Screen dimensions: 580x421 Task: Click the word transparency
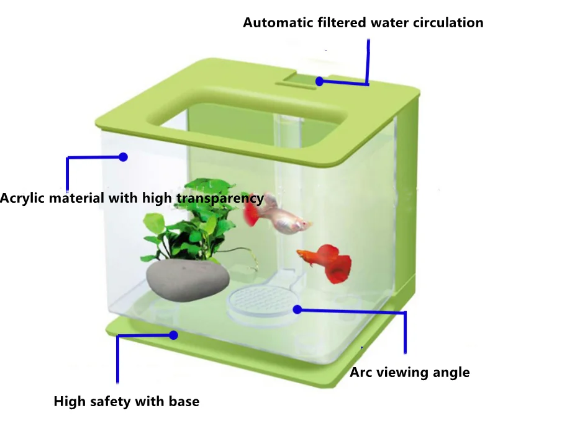click(220, 199)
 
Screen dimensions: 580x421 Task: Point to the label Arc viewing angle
click(410, 373)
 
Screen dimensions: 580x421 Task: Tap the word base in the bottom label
click(184, 402)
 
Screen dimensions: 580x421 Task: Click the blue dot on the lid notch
click(319, 81)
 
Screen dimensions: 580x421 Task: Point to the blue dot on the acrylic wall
click(123, 157)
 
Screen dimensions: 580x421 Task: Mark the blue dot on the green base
click(174, 335)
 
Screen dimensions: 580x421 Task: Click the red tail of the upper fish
click(251, 212)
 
